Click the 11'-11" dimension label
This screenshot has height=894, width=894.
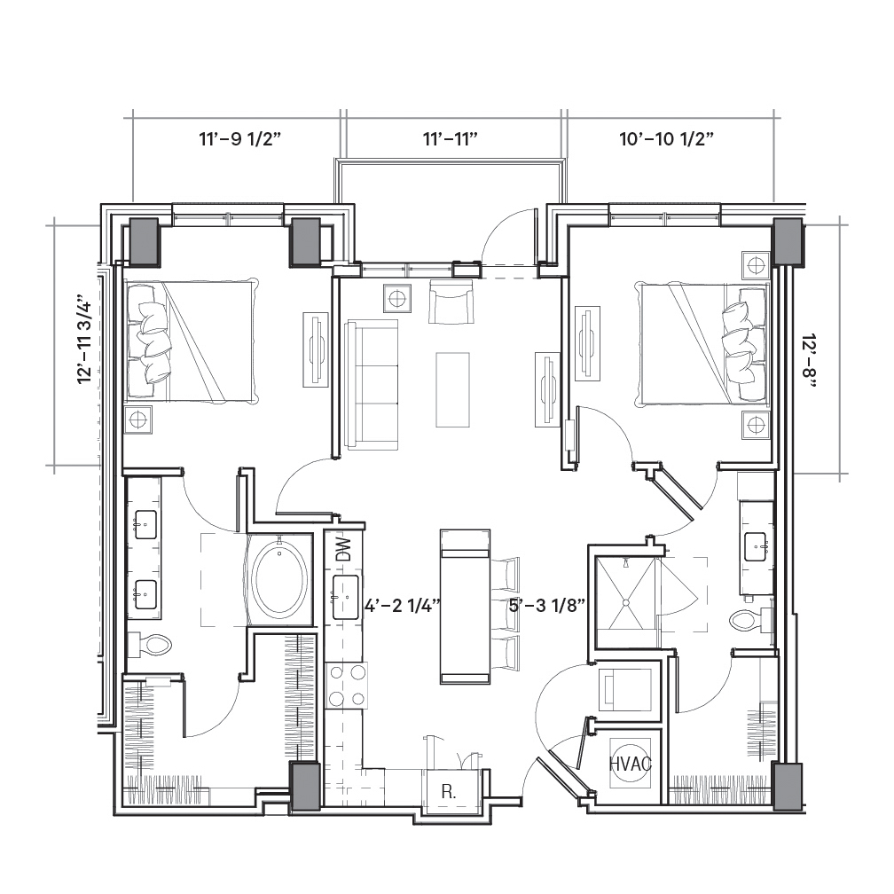click(450, 138)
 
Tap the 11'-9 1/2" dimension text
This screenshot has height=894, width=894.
click(240, 138)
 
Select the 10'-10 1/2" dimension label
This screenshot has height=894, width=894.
click(667, 138)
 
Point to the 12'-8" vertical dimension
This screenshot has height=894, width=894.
click(809, 360)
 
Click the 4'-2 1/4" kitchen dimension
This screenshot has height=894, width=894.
click(403, 606)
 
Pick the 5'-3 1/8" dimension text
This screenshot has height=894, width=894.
click(546, 606)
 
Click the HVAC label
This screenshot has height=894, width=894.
click(630, 764)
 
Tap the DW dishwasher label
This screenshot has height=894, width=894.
click(343, 550)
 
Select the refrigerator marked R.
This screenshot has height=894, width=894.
click(449, 792)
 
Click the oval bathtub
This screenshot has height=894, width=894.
click(280, 578)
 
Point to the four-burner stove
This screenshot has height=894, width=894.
click(347, 686)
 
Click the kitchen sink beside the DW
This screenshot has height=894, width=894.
click(346, 597)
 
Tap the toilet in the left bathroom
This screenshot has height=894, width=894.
click(151, 645)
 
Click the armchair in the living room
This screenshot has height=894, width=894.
click(451, 302)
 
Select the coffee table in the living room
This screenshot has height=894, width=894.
click(452, 389)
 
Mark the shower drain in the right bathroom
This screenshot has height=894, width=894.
click(625, 602)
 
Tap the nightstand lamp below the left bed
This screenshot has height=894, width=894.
click(138, 420)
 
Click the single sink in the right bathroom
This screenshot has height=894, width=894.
click(756, 546)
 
